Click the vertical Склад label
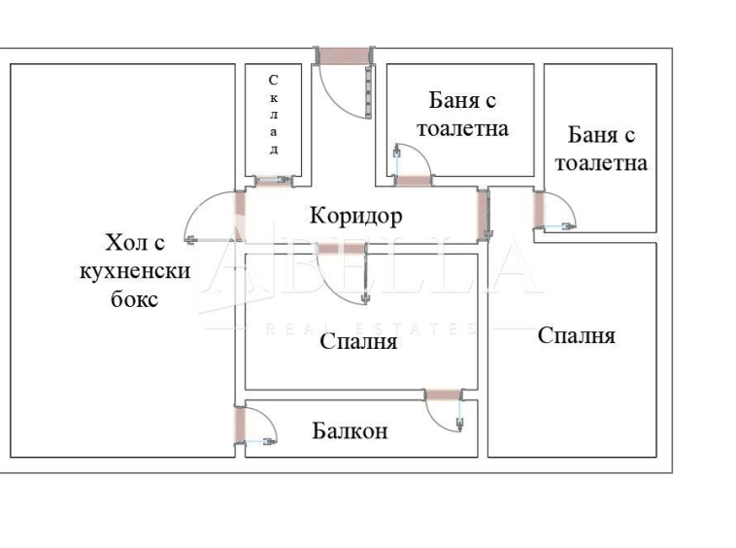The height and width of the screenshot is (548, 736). click(x=274, y=114)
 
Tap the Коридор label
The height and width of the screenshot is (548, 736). click(x=355, y=216)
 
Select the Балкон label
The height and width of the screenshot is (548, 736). click(x=350, y=430)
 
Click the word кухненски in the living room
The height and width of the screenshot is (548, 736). click(x=134, y=270)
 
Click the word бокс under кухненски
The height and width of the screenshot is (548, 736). click(x=134, y=298)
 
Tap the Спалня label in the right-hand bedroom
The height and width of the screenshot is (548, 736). click(x=576, y=336)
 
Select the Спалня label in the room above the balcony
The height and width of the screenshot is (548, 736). click(x=358, y=342)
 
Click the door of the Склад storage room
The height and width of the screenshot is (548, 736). click(x=273, y=180)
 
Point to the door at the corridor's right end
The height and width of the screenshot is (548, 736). click(x=483, y=214)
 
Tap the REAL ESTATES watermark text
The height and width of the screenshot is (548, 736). click(x=369, y=328)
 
